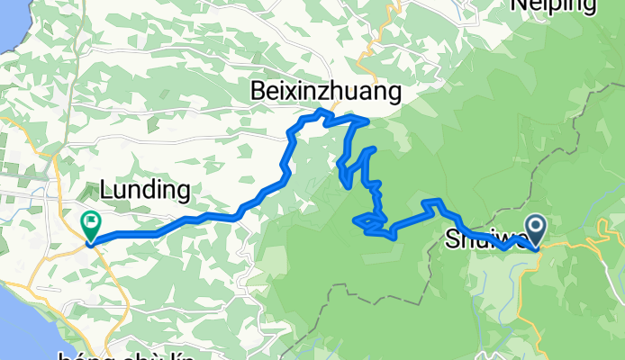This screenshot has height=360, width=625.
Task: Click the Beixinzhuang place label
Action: click(x=325, y=91)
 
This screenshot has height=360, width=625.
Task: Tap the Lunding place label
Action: click(x=145, y=190)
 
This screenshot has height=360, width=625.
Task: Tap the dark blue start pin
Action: click(x=535, y=229)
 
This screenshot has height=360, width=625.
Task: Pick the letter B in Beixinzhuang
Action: click(x=259, y=91)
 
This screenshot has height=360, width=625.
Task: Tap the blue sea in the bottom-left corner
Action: click(x=14, y=333)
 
